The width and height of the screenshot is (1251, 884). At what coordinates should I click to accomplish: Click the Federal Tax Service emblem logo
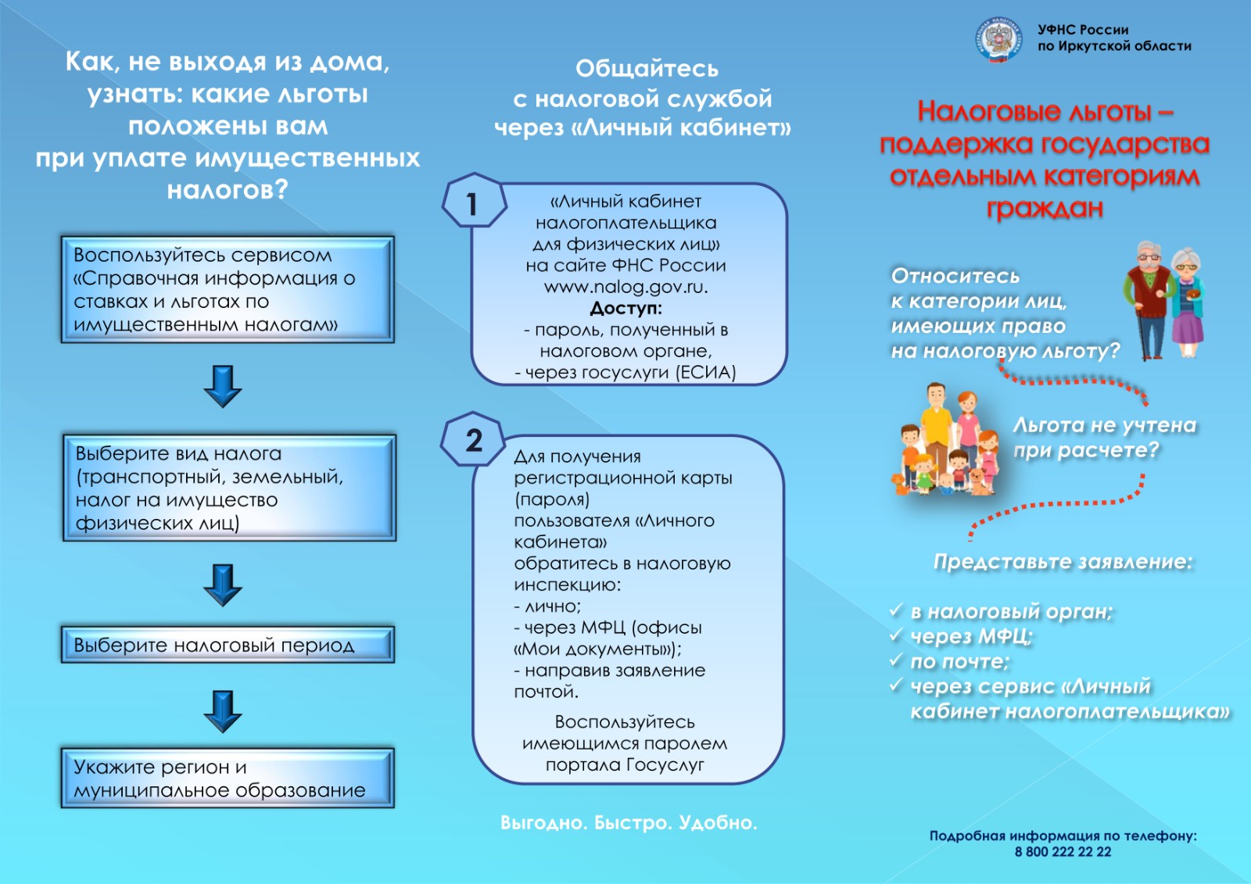pos(998,39)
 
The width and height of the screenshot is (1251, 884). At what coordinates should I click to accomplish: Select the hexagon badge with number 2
pos(473,440)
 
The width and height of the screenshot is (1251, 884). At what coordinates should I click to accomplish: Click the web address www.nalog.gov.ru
pos(625,287)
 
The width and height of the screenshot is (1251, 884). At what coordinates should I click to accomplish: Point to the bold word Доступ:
pos(625,308)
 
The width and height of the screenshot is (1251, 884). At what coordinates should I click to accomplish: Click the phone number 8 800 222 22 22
pos(1063,852)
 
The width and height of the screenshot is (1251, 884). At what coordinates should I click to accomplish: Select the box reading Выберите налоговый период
pos(228,645)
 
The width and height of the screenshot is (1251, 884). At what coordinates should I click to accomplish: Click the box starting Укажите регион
pos(228,778)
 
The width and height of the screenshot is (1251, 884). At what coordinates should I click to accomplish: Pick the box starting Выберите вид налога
pos(229,488)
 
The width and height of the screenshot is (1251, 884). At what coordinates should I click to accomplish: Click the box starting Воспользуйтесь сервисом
pos(228,289)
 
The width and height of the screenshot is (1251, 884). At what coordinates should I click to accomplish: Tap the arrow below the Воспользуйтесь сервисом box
pos(223,385)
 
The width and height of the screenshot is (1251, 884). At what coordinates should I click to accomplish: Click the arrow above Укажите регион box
pos(223,710)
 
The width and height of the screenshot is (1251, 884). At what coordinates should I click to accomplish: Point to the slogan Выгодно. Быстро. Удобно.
pos(629,822)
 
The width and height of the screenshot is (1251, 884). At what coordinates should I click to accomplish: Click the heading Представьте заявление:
pos(1063,562)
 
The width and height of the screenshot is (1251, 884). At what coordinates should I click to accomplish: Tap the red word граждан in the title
pos(1044,209)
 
